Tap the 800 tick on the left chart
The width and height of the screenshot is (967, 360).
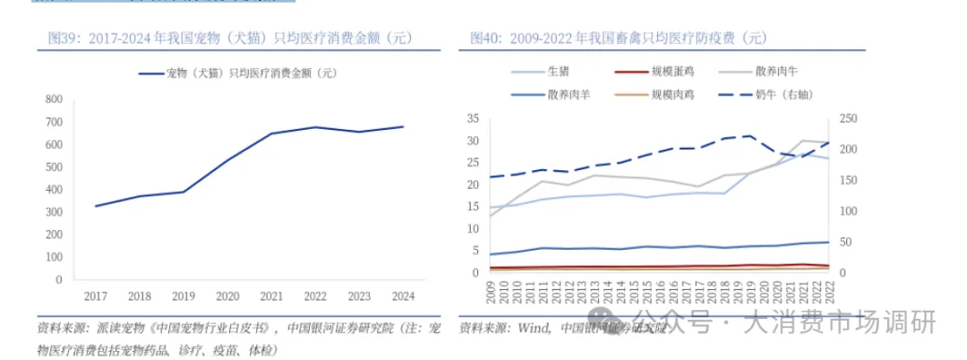[53, 99]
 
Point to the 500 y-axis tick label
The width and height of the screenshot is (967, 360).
[53, 167]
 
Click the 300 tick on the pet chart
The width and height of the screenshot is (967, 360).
[53, 212]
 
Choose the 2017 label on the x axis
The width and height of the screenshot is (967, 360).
[95, 296]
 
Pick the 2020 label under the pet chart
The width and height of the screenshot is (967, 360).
[227, 296]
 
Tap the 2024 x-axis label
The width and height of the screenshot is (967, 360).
[403, 296]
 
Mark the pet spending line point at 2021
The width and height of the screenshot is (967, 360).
[271, 133]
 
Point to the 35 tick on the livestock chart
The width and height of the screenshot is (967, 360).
[474, 119]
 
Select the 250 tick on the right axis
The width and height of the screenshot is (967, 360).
[848, 119]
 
